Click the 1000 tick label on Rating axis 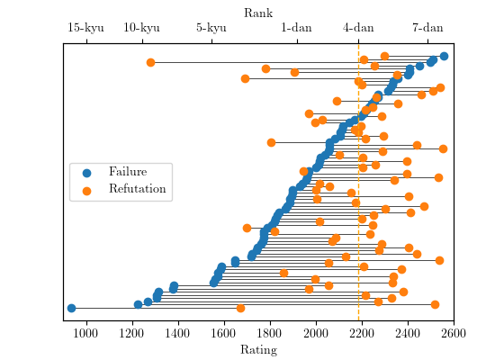coord(85,333)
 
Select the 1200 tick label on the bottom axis coord(132,333)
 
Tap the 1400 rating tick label coord(178,333)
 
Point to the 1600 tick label coord(224,333)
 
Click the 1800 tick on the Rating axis coord(270,333)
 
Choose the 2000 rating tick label coord(316,333)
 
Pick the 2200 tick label coord(362,333)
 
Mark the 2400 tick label coord(408,333)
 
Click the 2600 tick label coord(454,333)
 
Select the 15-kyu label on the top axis coord(85,28)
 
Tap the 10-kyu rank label coord(141,28)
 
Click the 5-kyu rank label coord(211,28)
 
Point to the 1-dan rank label coord(296,28)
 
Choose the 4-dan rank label coord(358,28)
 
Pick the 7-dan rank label coord(427,28)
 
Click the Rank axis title coord(258,13)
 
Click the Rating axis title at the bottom coord(258,349)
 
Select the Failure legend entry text coord(127,172)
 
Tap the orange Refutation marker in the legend coord(86,190)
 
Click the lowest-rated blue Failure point coord(71,309)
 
